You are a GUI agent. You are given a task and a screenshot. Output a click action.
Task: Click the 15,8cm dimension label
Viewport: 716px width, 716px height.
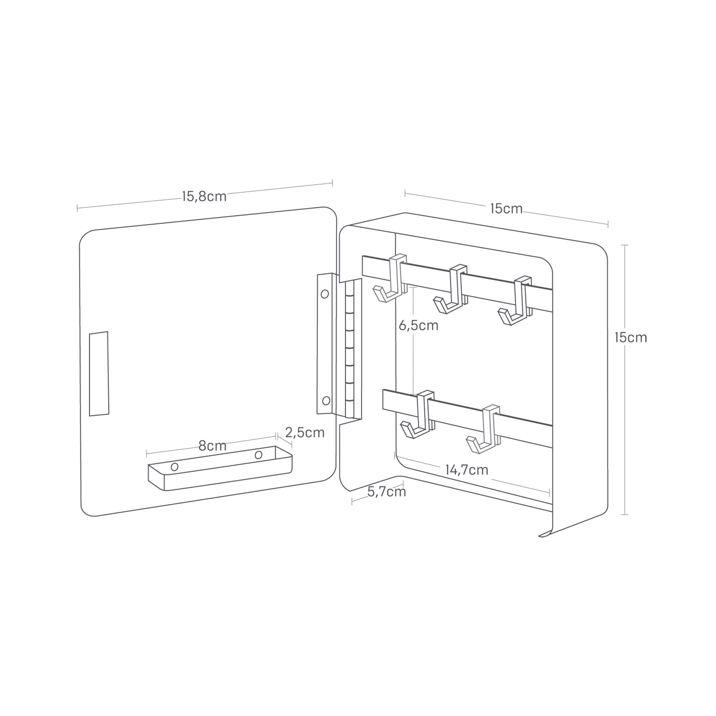click(204, 196)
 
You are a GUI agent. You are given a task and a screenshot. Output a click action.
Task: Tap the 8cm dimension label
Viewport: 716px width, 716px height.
click(212, 446)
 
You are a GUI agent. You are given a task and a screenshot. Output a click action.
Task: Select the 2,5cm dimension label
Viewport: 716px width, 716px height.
click(305, 432)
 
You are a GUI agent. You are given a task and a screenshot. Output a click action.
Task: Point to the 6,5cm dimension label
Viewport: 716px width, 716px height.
click(418, 325)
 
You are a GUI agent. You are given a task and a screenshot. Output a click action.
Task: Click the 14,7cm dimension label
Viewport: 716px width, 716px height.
click(467, 470)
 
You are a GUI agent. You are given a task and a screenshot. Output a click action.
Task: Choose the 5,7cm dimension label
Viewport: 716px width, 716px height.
click(387, 492)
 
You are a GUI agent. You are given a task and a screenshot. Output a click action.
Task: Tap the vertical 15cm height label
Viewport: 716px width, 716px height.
click(630, 337)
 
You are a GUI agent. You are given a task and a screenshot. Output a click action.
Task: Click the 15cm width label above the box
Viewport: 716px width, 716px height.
click(506, 209)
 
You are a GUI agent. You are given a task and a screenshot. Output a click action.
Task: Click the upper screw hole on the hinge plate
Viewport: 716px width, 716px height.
click(325, 294)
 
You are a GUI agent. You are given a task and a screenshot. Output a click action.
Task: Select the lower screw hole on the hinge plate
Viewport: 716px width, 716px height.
click(326, 400)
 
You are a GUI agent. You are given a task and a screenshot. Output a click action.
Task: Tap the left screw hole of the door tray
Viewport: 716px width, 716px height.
click(174, 467)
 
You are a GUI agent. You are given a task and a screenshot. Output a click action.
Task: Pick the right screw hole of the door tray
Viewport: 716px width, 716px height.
click(259, 455)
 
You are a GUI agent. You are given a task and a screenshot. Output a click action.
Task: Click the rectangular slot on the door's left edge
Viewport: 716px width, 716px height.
click(99, 374)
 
